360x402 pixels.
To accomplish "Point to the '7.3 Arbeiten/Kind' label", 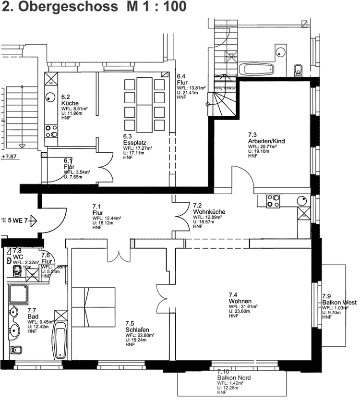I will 266,138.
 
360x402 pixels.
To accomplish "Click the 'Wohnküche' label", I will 209,212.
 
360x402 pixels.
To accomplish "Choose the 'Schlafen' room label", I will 136,330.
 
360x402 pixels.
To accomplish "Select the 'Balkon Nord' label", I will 233,378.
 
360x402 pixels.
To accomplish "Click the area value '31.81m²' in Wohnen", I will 248,306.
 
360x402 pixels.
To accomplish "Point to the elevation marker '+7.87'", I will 9,157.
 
